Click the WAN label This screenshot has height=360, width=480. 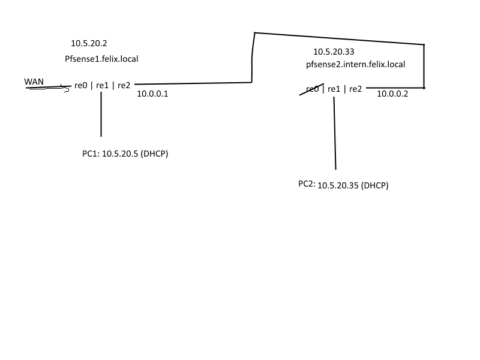click(34, 81)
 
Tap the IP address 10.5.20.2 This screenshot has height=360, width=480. click(89, 43)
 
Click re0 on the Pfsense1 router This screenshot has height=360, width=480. click(81, 85)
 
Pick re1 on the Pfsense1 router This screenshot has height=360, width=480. click(103, 85)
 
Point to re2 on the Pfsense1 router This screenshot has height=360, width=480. click(124, 85)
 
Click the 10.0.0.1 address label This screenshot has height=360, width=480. click(153, 94)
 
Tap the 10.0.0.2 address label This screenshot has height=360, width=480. click(392, 94)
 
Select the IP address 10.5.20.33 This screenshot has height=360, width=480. click(334, 52)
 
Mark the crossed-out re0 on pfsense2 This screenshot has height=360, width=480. click(312, 89)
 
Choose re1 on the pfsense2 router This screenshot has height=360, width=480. click(334, 89)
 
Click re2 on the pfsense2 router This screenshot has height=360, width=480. click(355, 89)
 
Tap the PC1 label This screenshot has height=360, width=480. click(90, 154)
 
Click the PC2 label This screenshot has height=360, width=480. click(306, 184)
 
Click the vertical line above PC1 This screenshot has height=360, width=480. click(101, 114)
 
